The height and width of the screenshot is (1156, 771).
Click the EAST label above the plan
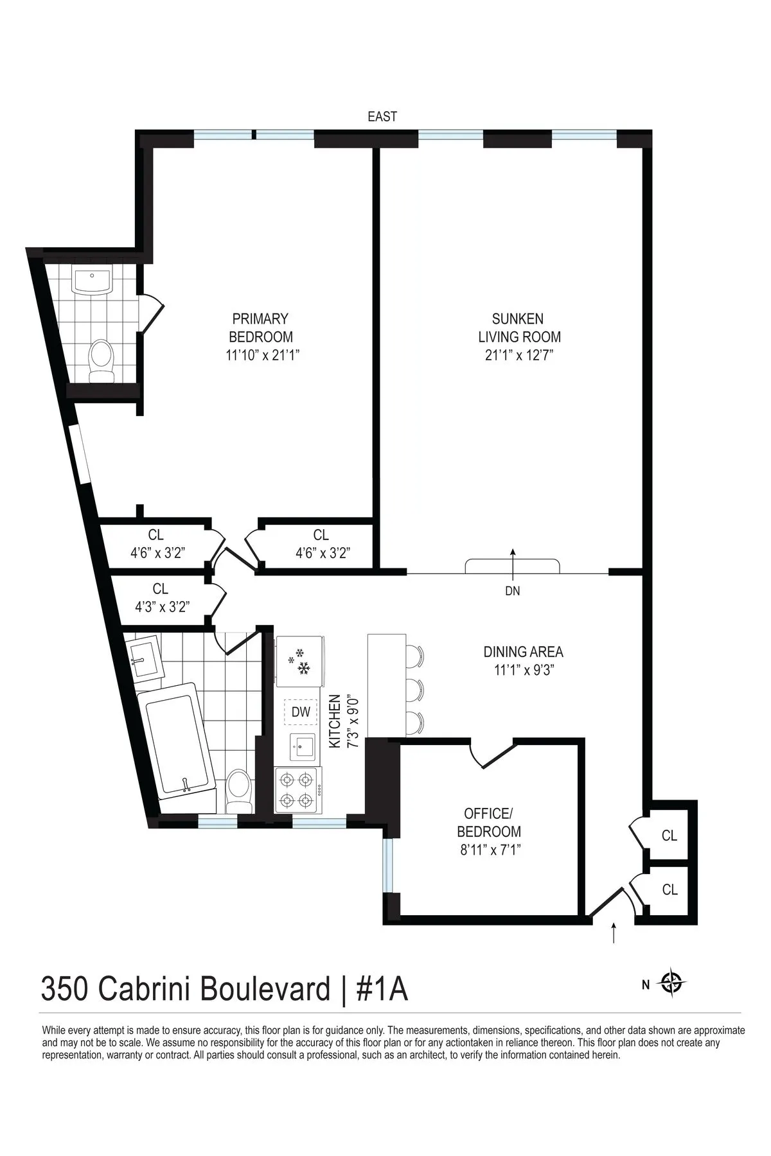tap(382, 117)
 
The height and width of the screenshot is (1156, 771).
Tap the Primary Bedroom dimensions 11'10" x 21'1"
tap(260, 355)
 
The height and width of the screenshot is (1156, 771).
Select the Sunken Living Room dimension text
tap(519, 355)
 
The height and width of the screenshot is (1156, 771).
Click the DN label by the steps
tap(512, 591)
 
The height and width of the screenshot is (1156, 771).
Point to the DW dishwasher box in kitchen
tap(301, 712)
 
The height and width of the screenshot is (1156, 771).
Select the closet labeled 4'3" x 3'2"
tap(161, 597)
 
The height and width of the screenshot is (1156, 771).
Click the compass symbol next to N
tap(672, 983)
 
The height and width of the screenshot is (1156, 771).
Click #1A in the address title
tap(381, 990)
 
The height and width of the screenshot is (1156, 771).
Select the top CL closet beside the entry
tap(669, 835)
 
